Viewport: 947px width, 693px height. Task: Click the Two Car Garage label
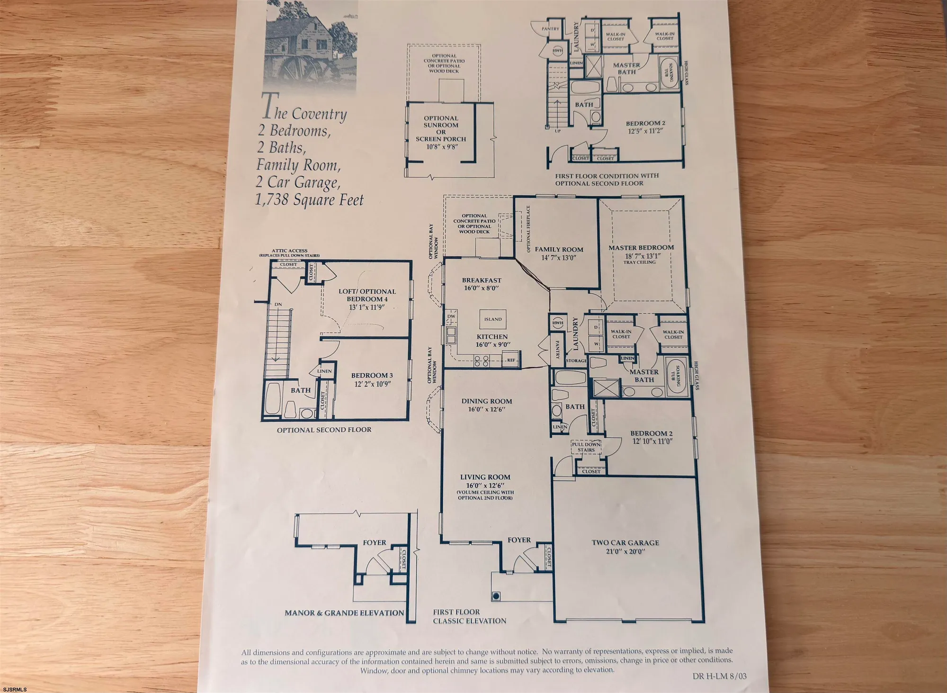[x=625, y=543]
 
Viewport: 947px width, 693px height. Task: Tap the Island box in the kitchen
[x=493, y=319]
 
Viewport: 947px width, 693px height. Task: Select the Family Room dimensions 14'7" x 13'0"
[x=559, y=258]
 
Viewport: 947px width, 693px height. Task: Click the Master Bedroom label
[x=641, y=248]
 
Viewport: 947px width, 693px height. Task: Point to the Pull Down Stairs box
[x=586, y=447]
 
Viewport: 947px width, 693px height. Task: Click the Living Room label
[x=485, y=477]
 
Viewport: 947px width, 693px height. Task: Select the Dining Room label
[x=487, y=401]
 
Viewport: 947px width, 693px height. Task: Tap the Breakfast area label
[x=482, y=280]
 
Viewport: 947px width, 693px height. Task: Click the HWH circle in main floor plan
[x=558, y=323]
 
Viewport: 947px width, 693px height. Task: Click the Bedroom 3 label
[x=372, y=376]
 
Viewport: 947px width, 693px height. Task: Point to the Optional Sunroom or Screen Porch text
[x=441, y=129]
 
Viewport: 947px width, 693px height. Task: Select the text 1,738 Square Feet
[x=309, y=200]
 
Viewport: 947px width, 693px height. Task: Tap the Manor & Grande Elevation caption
[x=344, y=613]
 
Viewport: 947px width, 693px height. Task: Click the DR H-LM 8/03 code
[x=719, y=676]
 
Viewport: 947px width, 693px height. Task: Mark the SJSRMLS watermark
[x=14, y=689]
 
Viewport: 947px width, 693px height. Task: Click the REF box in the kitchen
[x=511, y=360]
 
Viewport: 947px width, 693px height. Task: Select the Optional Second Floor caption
[x=324, y=430]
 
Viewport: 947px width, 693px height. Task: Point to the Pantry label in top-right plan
[x=550, y=29]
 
